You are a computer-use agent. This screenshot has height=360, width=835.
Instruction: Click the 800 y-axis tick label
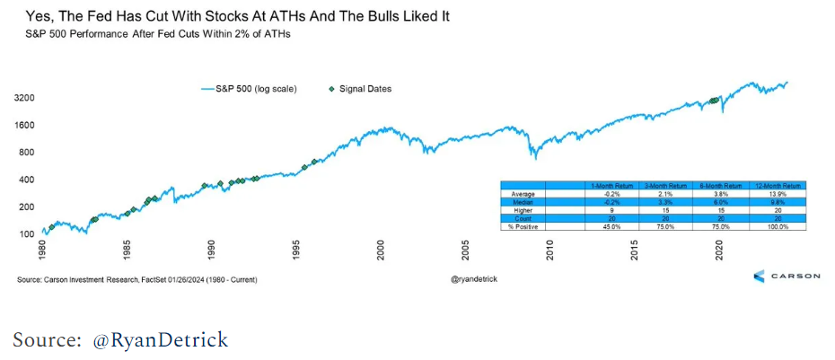point(26,154)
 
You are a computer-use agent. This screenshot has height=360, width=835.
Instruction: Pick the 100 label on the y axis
point(26,233)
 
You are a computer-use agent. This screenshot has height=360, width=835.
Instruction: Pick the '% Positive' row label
point(523,226)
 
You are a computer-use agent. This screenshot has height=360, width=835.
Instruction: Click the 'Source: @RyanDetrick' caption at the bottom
point(120,340)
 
